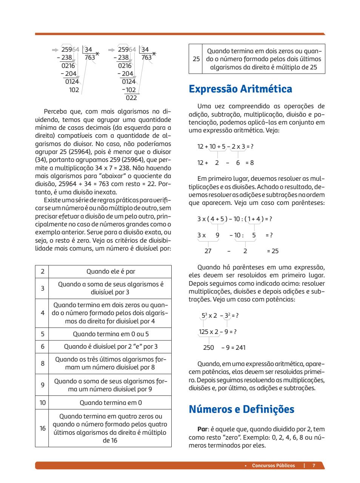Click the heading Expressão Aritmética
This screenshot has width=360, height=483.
240,89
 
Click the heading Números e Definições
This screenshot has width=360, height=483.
241,409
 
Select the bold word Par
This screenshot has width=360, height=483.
202,429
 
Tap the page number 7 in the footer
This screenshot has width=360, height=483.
314,465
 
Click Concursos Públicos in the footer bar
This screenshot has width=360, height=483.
273,465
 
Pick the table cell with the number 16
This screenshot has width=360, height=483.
42,428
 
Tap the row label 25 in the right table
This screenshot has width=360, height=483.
196,59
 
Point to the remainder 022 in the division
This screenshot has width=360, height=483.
131,98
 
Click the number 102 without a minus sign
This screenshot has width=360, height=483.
74,90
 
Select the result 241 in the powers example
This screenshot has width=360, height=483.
240,348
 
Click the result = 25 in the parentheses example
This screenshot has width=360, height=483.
272,251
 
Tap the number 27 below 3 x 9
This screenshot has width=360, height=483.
208,251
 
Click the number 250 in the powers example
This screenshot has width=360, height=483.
208,348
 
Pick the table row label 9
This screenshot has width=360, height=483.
42,385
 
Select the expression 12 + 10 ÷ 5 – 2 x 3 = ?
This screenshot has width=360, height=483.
225,146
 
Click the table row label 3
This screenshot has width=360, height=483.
42,288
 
